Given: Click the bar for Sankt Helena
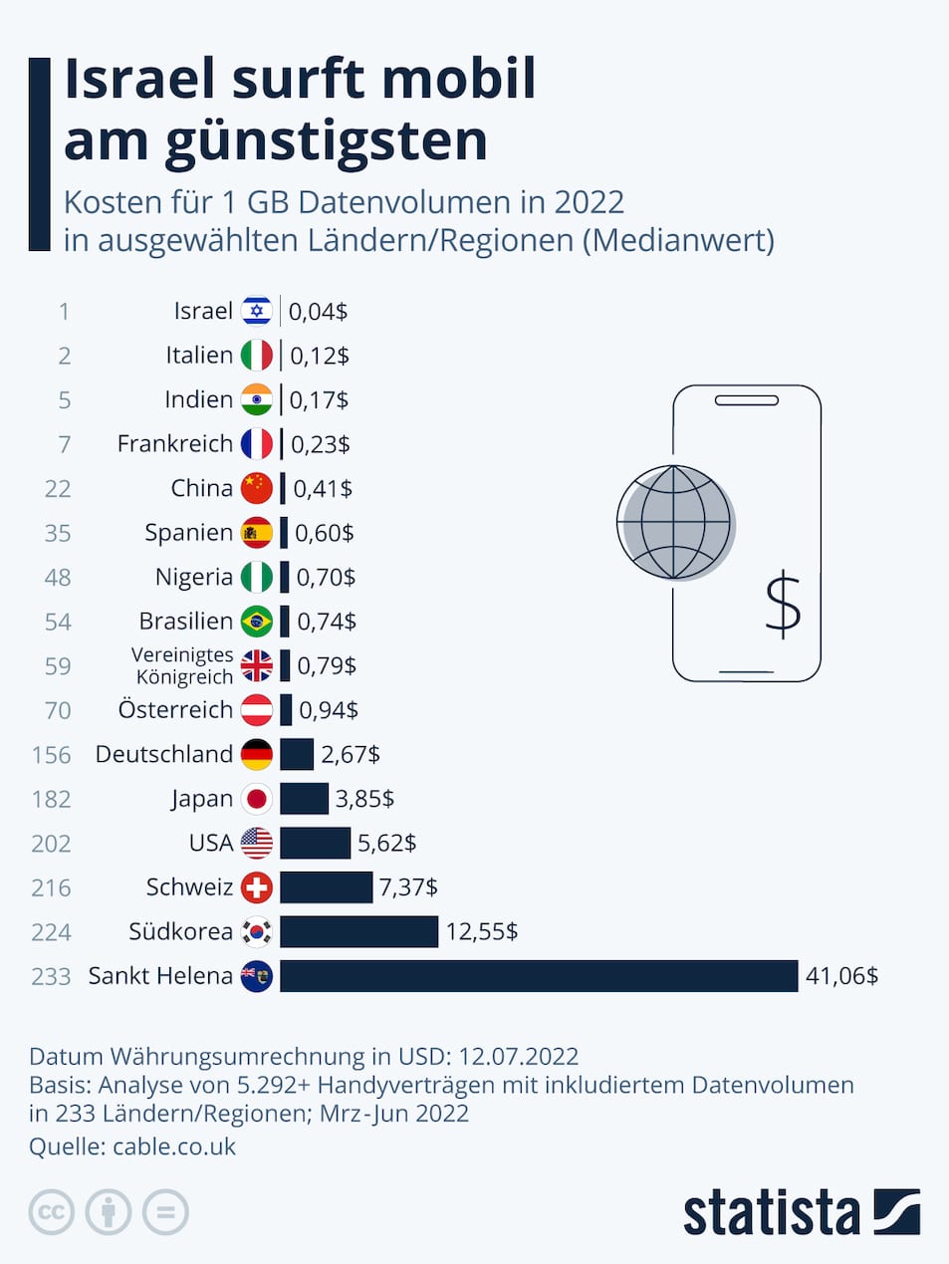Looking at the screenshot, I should point(539,976).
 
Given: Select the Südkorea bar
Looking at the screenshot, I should point(358,931).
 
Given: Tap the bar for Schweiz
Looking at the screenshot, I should point(326,886).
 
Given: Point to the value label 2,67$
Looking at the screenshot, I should point(351,754).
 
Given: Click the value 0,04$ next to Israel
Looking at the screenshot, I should point(318,312).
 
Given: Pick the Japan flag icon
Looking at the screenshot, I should point(257,799).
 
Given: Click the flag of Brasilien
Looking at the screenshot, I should point(257,622).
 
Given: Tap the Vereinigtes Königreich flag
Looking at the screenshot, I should point(257,665).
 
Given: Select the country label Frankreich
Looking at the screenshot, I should point(174,443).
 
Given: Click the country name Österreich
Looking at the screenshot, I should point(175,710).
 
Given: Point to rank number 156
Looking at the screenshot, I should point(51,755).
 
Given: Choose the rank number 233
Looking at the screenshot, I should point(51,976).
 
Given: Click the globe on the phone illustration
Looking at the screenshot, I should point(674,522).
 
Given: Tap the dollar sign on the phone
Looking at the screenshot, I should point(783,605).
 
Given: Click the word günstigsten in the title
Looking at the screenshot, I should point(326,141).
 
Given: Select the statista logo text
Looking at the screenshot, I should point(771,1212).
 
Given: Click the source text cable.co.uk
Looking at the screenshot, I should point(174,1146).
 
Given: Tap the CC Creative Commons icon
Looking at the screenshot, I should point(52,1212).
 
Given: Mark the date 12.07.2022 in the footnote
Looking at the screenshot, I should point(518,1056).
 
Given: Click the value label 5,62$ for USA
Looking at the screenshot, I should point(386,843).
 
